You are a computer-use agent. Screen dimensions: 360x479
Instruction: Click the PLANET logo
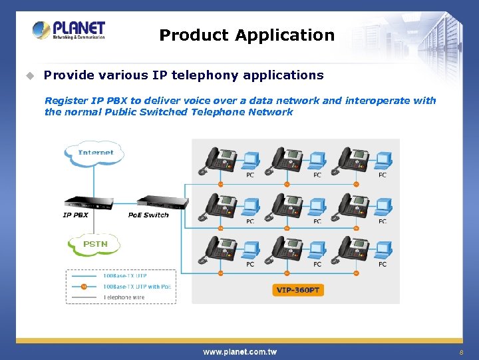point(69,30)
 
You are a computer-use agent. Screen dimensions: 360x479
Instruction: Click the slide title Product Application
point(247,35)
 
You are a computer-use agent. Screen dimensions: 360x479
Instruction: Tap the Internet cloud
point(95,153)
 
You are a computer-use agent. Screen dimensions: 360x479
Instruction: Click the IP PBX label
point(75,215)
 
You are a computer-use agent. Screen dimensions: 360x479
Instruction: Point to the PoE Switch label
point(148,215)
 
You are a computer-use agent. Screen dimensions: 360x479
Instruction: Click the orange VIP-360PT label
point(299,290)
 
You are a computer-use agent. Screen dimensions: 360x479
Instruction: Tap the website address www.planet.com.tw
point(239,351)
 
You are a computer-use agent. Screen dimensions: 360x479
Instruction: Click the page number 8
point(460,352)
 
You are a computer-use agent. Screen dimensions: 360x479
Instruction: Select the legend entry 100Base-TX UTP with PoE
point(136,287)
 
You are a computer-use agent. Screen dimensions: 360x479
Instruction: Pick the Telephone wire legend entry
point(124,297)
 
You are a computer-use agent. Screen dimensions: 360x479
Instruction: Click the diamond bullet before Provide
point(29,75)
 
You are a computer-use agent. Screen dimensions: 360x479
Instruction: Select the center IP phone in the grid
point(287,205)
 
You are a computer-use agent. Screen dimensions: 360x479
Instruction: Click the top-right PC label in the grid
point(383,175)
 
